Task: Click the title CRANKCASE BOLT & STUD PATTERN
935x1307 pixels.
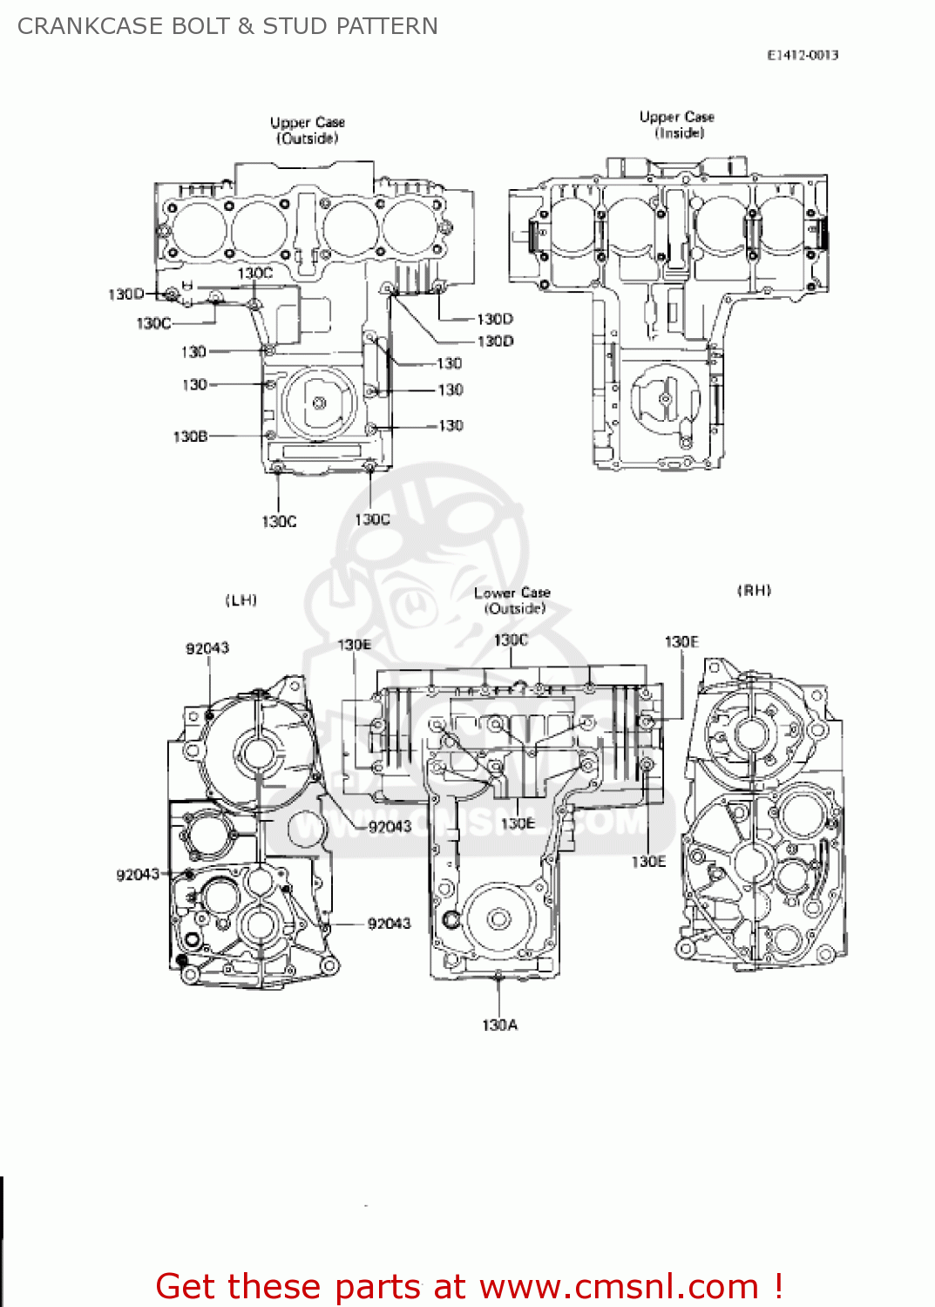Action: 227,26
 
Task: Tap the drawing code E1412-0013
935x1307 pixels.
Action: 803,55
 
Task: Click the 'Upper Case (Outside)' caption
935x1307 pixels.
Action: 308,130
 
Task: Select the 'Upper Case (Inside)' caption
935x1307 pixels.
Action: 677,125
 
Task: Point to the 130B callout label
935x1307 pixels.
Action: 190,436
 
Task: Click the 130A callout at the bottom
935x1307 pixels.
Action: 499,1025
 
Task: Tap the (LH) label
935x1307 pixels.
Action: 241,599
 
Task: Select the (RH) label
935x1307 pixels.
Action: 755,590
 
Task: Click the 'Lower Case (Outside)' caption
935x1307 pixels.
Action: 512,600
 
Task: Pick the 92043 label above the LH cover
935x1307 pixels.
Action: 207,647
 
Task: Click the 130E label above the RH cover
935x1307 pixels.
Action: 681,641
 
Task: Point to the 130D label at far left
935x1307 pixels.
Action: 125,294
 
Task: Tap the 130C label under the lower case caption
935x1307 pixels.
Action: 511,640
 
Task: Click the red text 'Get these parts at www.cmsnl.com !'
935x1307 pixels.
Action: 469,1286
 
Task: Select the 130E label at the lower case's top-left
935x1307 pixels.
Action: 354,644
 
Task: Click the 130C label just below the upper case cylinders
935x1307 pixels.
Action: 255,273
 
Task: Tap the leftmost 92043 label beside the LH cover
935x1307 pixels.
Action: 138,874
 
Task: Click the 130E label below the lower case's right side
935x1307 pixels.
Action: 648,861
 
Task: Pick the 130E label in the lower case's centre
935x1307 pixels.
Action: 518,823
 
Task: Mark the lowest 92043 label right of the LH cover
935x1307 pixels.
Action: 389,923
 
